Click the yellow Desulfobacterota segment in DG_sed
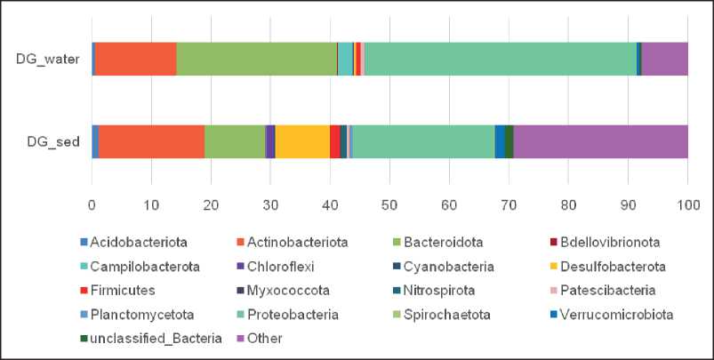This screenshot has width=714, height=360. [302, 141]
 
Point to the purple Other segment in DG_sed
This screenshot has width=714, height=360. [600, 141]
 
